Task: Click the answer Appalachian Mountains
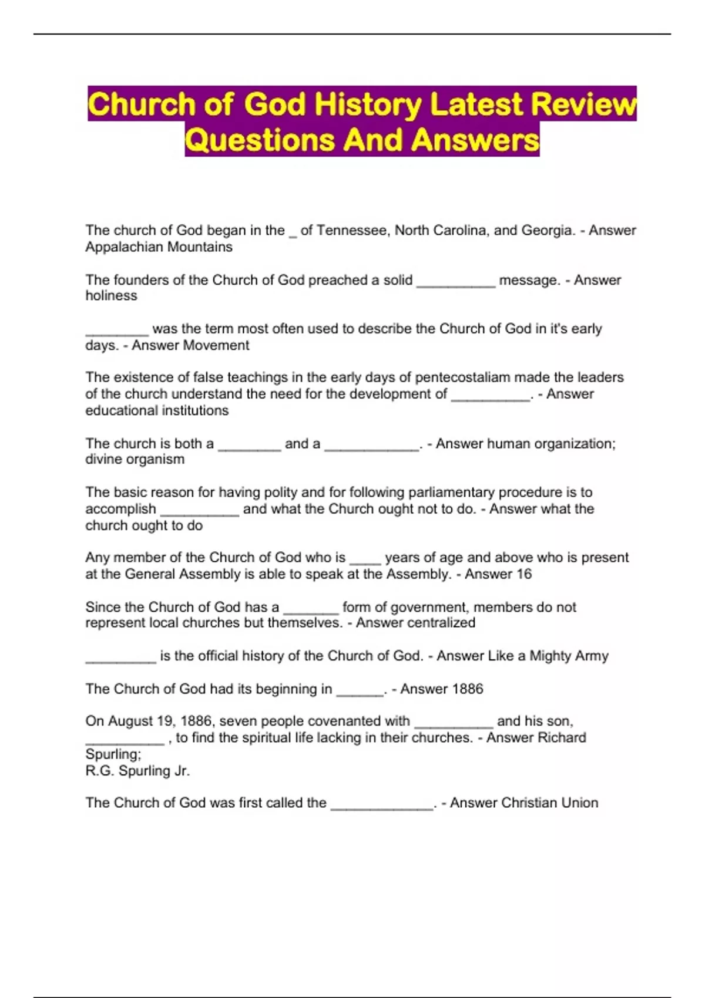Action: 159,247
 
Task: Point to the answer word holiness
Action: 111,296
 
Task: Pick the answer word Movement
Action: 217,345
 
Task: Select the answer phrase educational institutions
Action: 157,410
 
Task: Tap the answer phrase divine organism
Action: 135,459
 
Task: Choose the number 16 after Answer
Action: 523,574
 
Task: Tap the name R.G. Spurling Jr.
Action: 137,771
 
